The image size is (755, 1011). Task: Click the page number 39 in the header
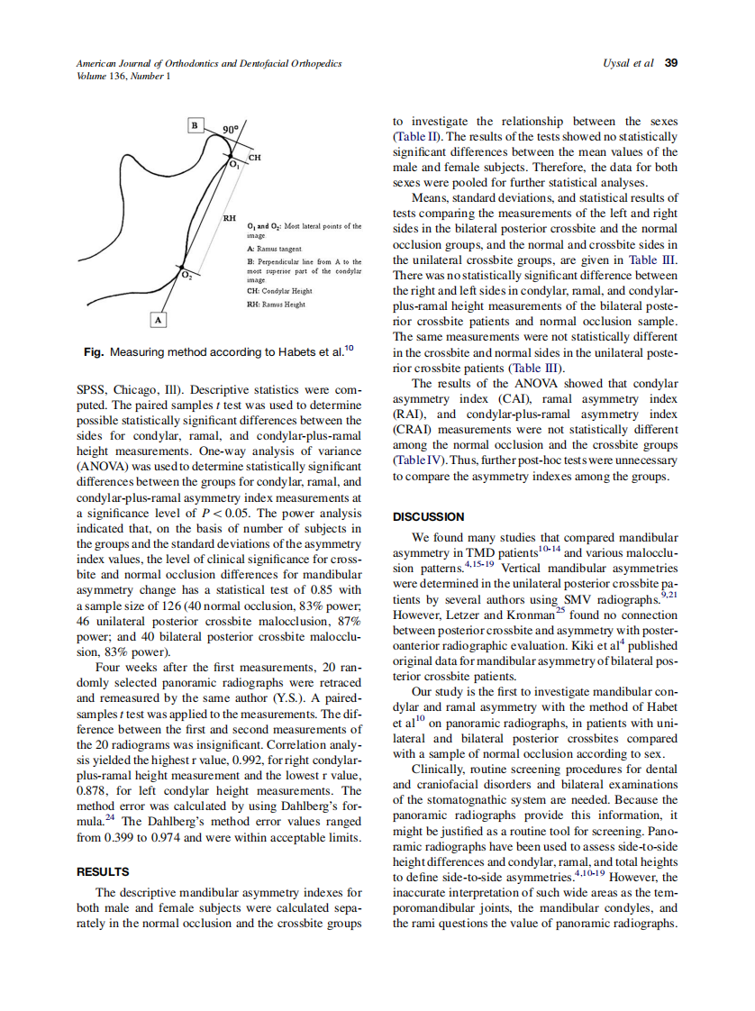click(671, 63)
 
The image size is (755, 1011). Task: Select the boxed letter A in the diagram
click(159, 319)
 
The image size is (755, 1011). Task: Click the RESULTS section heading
click(103, 871)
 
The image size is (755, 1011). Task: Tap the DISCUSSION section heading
click(429, 516)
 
